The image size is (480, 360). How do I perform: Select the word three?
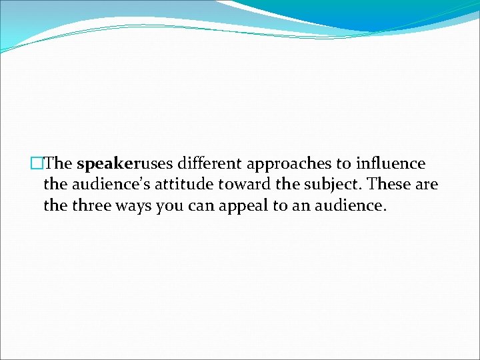coord(93,206)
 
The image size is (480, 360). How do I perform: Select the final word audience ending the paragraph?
coord(349,206)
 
